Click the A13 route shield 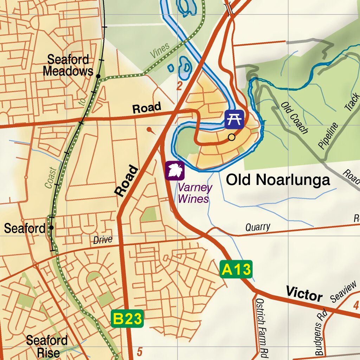(x=236, y=270)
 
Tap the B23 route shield (x=127, y=319)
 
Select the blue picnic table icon (x=234, y=119)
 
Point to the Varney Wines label (x=195, y=193)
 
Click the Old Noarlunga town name (x=278, y=180)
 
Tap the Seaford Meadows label (x=68, y=65)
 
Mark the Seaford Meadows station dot (x=98, y=76)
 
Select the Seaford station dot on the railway (x=51, y=227)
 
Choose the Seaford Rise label (x=47, y=346)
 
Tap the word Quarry (x=258, y=227)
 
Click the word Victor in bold (x=304, y=294)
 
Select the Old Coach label (x=295, y=118)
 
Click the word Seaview (x=343, y=293)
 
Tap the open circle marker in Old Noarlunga (x=231, y=137)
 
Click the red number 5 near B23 (x=140, y=352)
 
